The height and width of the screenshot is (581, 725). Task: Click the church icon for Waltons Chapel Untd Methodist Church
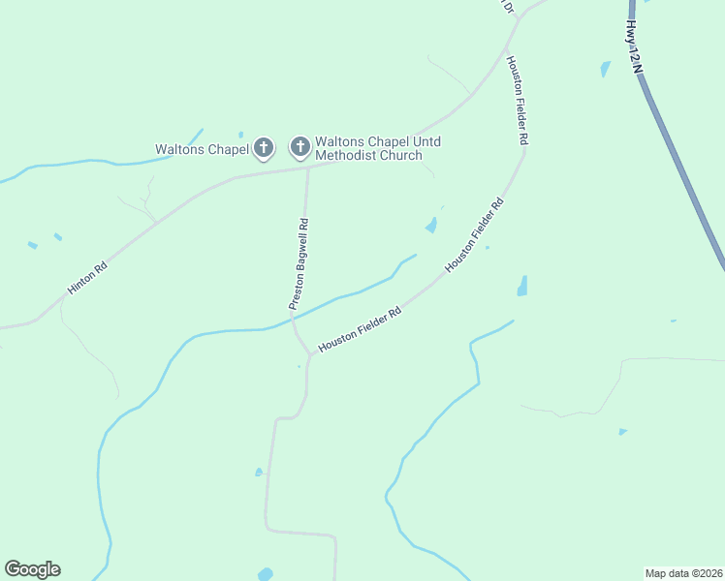(x=300, y=148)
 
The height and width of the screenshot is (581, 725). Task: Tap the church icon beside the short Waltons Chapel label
(x=263, y=148)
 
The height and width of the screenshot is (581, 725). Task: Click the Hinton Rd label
(x=86, y=280)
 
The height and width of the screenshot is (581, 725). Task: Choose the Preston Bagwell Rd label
(x=299, y=263)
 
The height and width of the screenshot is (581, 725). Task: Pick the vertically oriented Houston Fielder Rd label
(x=517, y=100)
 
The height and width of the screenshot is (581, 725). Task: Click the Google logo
(x=32, y=569)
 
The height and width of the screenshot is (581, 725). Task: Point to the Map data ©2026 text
(x=683, y=573)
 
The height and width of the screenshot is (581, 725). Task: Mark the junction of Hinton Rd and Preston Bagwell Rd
(x=307, y=168)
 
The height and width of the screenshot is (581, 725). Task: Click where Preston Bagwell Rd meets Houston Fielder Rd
(x=309, y=355)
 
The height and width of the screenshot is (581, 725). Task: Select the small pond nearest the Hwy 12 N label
(x=606, y=69)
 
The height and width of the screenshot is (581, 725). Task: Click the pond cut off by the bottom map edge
(x=265, y=575)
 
